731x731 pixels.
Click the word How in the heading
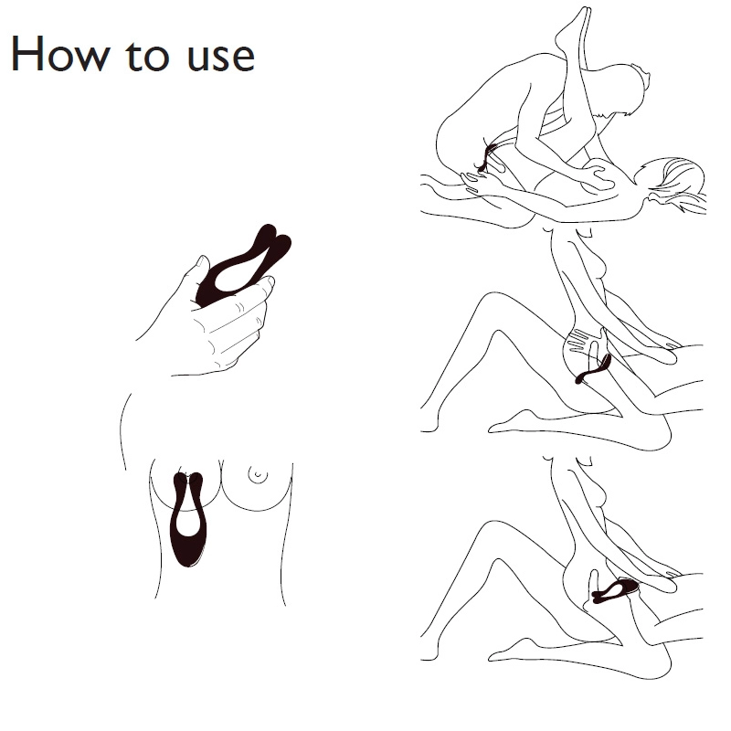click(60, 54)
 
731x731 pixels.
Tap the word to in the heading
click(146, 56)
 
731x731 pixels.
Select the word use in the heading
click(221, 58)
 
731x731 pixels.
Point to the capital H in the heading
click(26, 54)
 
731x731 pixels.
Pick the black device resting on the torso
click(188, 519)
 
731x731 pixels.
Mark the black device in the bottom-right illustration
click(614, 590)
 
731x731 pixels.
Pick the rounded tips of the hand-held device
click(274, 238)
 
